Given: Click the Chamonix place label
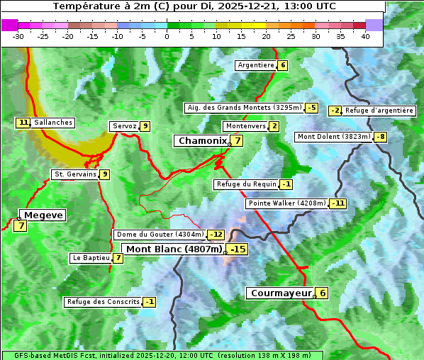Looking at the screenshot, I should click(202, 141).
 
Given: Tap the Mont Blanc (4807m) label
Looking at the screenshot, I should click(174, 249).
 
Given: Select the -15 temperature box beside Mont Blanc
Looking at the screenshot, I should click(238, 249).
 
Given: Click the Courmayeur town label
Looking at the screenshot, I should click(281, 293).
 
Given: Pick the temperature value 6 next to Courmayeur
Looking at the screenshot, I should click(323, 293).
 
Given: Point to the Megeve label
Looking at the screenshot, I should click(44, 215).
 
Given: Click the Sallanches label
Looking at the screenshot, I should click(53, 123).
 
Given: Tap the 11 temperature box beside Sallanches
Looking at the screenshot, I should click(23, 123).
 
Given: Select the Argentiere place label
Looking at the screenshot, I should click(256, 65).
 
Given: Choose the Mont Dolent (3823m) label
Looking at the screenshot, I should click(334, 137).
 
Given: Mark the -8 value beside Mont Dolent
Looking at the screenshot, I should click(381, 137).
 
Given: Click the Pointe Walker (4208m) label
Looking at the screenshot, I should click(286, 203).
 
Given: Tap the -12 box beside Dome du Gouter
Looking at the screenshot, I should click(216, 235).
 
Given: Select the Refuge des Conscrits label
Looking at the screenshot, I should click(102, 302).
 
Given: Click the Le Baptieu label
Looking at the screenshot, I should click(91, 258).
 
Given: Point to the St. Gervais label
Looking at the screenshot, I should click(75, 174).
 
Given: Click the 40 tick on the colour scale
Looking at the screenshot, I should click(365, 36).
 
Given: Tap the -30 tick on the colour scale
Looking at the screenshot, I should click(18, 36).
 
